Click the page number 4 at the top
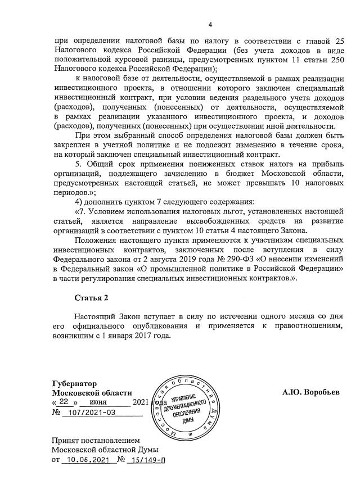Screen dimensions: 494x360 (x=209, y=24)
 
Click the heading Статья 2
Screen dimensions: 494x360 (x=91, y=297)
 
